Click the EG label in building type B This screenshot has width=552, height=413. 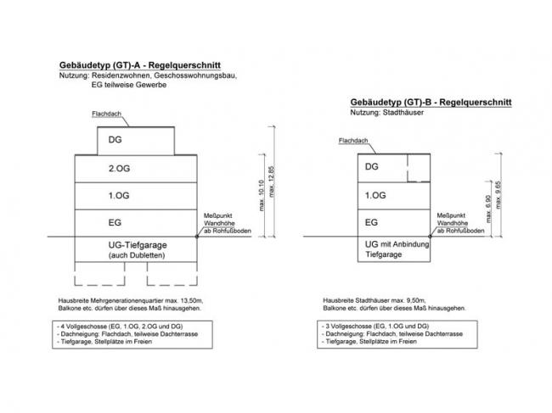pos(370,222)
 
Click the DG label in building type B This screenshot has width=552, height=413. pos(371,166)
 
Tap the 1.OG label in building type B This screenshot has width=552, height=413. pos(374,194)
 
